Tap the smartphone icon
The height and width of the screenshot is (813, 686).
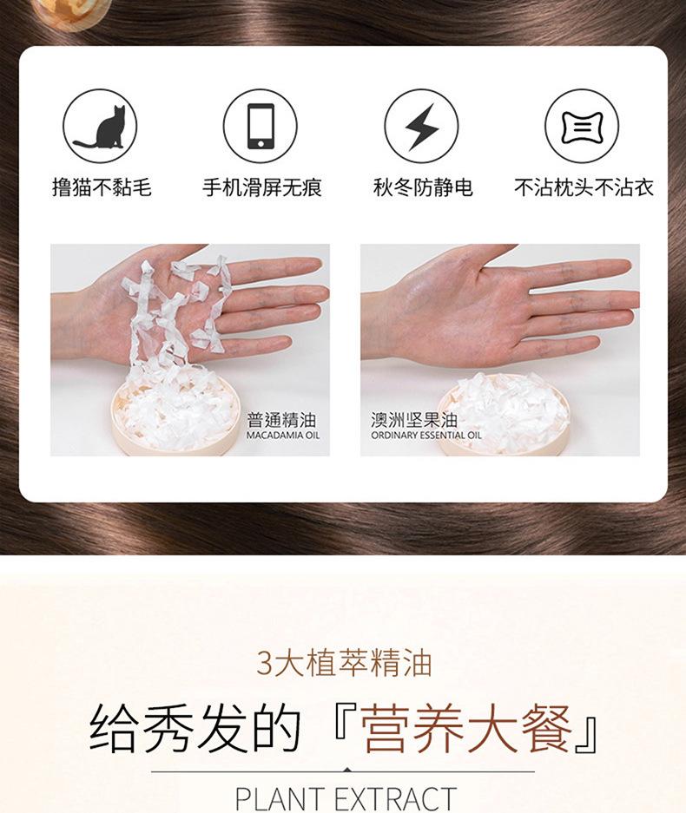[261, 126]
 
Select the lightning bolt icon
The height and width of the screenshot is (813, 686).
[421, 126]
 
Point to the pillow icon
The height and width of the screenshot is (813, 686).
[582, 126]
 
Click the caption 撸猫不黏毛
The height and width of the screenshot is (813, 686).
[102, 187]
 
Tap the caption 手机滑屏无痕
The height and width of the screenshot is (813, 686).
[262, 187]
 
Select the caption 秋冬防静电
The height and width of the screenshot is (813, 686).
[423, 187]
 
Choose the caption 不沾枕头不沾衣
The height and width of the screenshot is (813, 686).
[584, 187]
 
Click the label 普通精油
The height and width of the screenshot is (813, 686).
[281, 419]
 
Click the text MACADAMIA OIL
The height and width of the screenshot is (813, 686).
[283, 436]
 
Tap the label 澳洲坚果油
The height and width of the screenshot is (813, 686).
[414, 419]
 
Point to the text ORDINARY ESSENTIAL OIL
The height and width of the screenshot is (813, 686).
[426, 436]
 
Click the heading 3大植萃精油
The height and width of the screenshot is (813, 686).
[344, 664]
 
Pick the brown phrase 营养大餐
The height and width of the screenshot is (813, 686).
[466, 728]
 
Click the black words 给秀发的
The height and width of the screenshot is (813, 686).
[195, 728]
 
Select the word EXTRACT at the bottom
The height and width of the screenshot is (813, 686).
[397, 799]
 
